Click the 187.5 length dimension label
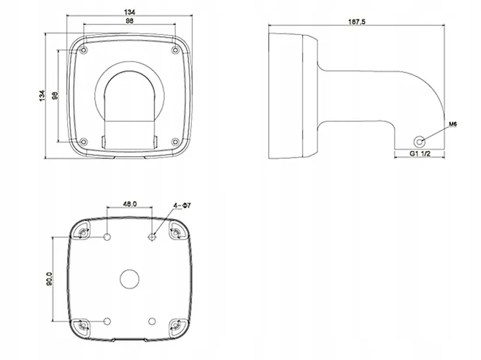(x=356, y=22)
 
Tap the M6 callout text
(x=453, y=125)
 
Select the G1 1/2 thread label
(x=420, y=154)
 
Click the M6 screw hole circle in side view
(x=419, y=142)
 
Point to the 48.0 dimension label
(x=130, y=204)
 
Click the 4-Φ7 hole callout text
(x=182, y=205)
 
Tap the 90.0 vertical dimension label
(x=49, y=279)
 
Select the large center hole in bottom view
(x=129, y=280)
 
